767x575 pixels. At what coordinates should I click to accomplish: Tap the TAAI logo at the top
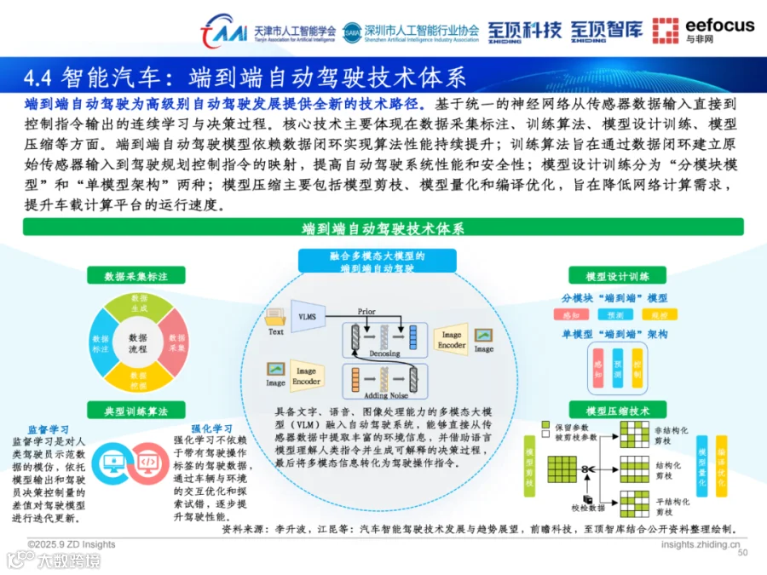pyautogui.click(x=223, y=31)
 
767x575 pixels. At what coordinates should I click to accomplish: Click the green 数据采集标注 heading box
pyautogui.click(x=136, y=276)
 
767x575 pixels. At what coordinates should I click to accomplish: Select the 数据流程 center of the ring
pyautogui.click(x=138, y=343)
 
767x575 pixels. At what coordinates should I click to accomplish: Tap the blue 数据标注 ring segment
pyautogui.click(x=101, y=343)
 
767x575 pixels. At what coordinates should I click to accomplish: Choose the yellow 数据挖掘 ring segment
pyautogui.click(x=138, y=380)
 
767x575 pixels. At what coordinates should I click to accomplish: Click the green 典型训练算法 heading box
pyautogui.click(x=136, y=412)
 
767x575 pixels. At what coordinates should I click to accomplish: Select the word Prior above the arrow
pyautogui.click(x=366, y=312)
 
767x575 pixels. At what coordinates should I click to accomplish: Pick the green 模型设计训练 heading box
pyautogui.click(x=618, y=276)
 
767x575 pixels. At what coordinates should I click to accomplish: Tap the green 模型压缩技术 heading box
pyautogui.click(x=618, y=412)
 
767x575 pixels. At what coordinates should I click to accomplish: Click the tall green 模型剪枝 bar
pyautogui.click(x=530, y=466)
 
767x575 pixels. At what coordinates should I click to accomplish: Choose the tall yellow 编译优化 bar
pyautogui.click(x=721, y=466)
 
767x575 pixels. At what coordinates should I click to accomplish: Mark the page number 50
pyautogui.click(x=742, y=553)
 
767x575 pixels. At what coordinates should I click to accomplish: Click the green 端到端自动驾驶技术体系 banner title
pyautogui.click(x=383, y=228)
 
